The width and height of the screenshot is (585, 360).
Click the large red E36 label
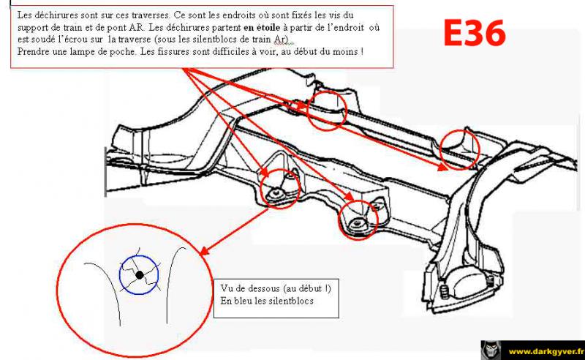point(474,33)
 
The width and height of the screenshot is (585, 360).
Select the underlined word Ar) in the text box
point(282,40)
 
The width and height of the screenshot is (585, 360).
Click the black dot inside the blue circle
point(140,275)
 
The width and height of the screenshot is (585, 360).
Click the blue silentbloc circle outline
point(139,256)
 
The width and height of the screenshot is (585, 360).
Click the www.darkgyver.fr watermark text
point(546,351)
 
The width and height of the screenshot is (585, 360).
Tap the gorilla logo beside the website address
point(491,350)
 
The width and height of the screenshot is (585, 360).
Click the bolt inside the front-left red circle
point(276,192)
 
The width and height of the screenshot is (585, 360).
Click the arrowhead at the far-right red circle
point(443,167)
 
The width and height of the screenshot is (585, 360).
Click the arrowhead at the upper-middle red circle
point(303,105)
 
